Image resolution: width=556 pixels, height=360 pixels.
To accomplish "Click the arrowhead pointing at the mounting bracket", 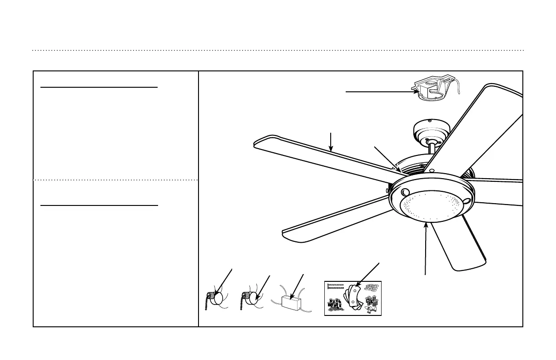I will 416,92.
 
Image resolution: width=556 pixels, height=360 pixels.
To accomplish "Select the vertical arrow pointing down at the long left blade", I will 331,142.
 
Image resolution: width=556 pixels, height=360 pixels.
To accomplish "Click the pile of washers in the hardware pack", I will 371,287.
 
